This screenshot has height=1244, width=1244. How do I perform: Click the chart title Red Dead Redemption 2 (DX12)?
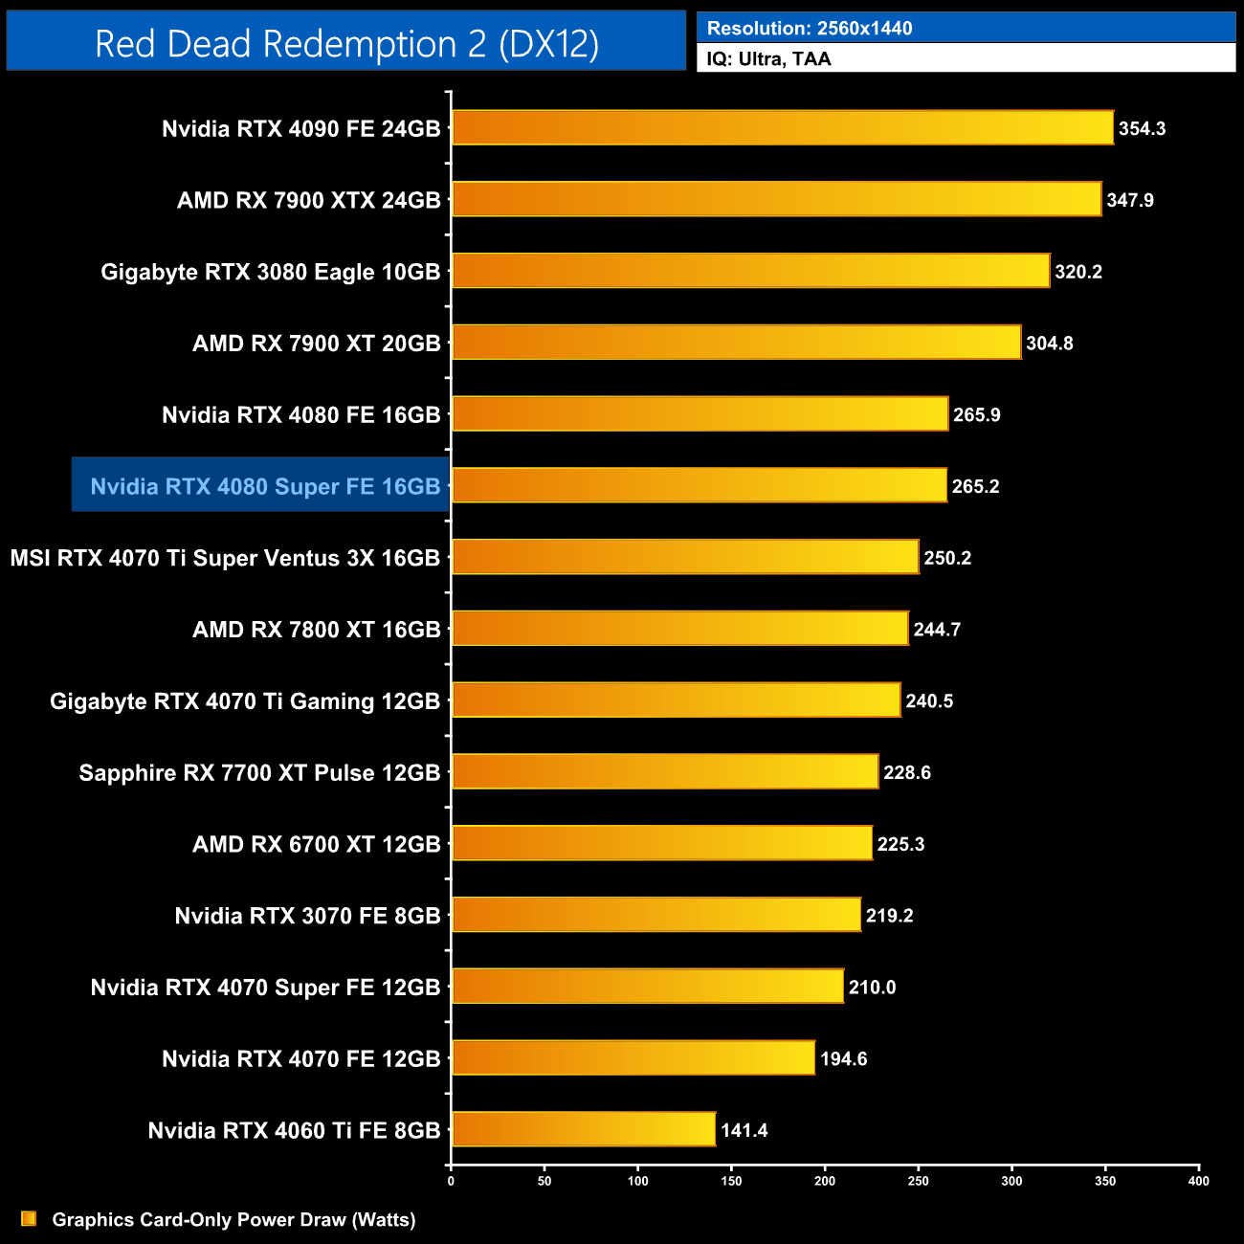coord(346,44)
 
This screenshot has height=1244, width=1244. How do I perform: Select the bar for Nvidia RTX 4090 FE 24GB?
coord(782,128)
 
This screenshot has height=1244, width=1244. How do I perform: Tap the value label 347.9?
coord(1130,200)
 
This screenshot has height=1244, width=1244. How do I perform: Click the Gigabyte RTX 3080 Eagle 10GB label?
coord(271,272)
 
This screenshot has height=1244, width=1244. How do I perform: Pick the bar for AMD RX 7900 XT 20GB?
coord(736,343)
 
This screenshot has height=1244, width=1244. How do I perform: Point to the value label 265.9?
coord(977,414)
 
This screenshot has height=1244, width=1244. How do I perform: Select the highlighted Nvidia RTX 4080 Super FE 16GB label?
coord(265,486)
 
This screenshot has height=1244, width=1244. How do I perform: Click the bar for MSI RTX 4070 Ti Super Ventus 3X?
coord(685,557)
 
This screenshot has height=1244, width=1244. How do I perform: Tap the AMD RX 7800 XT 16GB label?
coord(317,630)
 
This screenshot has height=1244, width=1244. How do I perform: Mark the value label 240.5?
coord(929,701)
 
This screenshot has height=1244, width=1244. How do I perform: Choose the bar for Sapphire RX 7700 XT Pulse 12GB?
coord(665,772)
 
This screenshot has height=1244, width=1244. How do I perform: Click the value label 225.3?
coord(900,844)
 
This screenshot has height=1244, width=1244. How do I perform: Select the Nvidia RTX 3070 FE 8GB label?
coord(307,916)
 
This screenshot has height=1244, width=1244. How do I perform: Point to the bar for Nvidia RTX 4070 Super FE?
coord(648,987)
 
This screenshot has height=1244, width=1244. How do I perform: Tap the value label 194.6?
coord(843,1058)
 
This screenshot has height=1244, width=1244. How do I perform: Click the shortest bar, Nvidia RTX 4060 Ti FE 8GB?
coord(584,1129)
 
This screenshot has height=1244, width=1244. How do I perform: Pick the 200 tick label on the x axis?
coord(825,1181)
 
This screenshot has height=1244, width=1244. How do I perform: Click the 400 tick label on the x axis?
coord(1198,1181)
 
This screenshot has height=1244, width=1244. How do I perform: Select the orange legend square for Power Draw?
coord(29,1219)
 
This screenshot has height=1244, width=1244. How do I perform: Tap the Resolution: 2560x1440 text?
coord(810,29)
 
